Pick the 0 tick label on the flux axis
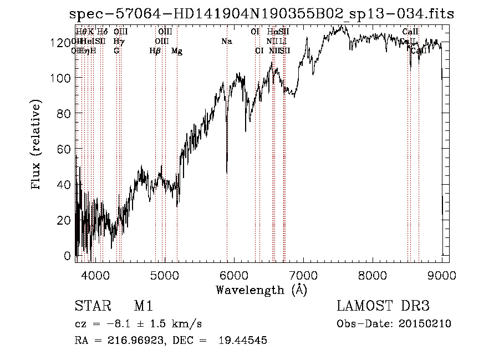pyautogui.click(x=68, y=256)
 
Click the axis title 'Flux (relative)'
pyautogui.click(x=38, y=145)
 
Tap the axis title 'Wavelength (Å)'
pyautogui.click(x=261, y=290)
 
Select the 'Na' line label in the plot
pyautogui.click(x=226, y=42)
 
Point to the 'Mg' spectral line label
pyautogui.click(x=177, y=51)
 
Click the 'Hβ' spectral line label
pyautogui.click(x=155, y=51)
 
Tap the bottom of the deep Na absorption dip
pyautogui.click(x=227, y=173)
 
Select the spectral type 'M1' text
pyautogui.click(x=143, y=306)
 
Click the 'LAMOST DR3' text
pyautogui.click(x=383, y=306)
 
